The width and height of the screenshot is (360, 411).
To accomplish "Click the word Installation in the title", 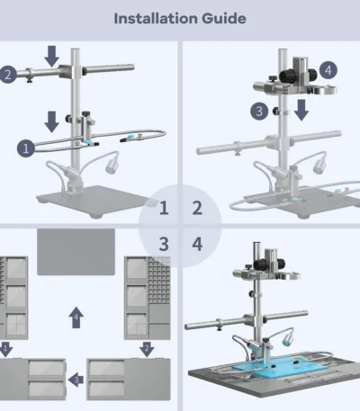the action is (156, 19).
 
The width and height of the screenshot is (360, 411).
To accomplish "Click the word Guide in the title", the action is (224, 19).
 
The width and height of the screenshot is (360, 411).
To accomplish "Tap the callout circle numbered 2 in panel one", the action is (7, 75).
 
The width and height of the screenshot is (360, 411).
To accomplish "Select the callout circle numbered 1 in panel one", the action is (26, 148).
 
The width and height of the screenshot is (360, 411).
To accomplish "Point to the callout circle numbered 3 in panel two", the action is (259, 112).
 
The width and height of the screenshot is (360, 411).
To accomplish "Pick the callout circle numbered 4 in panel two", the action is (328, 70).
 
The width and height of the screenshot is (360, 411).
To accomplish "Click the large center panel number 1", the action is (164, 208).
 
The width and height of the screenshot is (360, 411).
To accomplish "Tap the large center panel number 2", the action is (197, 208).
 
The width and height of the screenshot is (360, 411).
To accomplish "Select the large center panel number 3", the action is (164, 244).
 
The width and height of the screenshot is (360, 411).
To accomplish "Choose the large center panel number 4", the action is (197, 244).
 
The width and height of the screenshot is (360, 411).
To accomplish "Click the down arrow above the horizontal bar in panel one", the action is (51, 57).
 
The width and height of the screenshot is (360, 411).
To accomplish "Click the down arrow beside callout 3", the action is (301, 110).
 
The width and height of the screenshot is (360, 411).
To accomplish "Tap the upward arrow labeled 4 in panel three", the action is (76, 317).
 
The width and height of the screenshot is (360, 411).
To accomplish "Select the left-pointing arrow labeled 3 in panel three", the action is (76, 380).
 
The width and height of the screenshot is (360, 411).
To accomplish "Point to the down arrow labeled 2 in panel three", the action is (147, 349).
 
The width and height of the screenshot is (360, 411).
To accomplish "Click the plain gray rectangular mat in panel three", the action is (76, 252).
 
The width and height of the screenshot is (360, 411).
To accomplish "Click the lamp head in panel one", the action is (112, 166).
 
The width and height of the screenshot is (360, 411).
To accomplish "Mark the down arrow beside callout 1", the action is (51, 121).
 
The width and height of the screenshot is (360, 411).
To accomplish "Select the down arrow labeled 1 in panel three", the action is (5, 349).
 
